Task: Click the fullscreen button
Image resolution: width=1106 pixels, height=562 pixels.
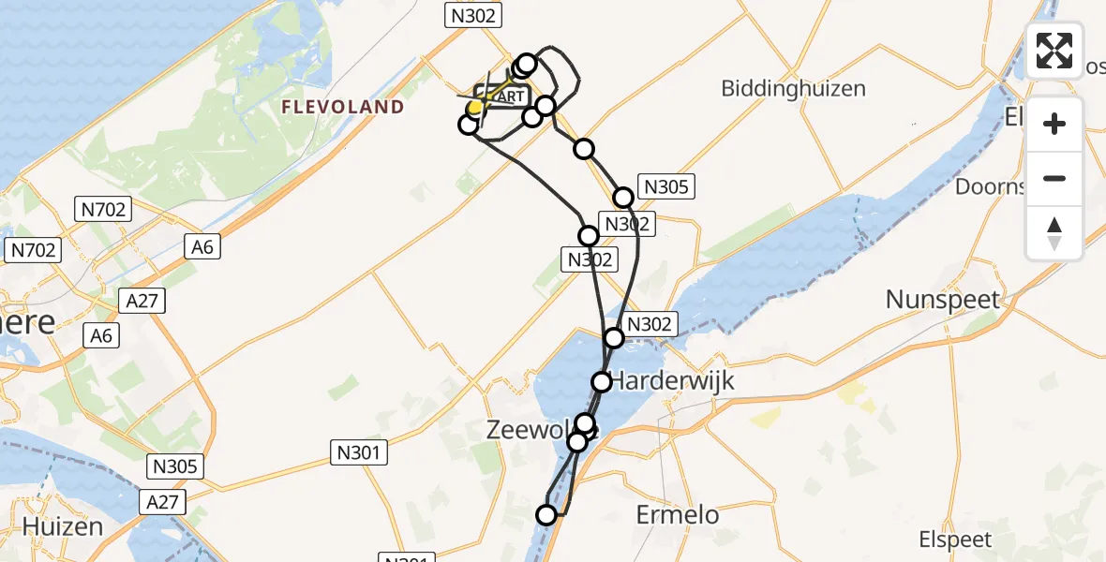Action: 1054,51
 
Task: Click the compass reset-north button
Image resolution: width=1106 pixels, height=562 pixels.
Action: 1054,233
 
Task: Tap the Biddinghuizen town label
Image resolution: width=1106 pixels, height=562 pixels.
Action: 793,89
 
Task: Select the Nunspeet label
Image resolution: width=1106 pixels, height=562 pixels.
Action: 945,300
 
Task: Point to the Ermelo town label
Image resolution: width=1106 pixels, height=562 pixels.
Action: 678,514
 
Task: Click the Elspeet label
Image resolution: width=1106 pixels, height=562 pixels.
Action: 956,540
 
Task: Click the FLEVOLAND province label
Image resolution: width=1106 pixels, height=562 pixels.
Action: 344,107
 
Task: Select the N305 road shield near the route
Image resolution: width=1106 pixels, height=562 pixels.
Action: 665,186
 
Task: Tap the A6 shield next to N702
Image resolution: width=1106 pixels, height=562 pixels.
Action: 200,246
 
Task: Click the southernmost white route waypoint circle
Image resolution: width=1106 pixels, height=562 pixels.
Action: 546,513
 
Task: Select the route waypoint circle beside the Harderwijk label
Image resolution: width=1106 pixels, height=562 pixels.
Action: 601,382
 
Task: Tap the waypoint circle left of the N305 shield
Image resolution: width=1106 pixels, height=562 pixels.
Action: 623,198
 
